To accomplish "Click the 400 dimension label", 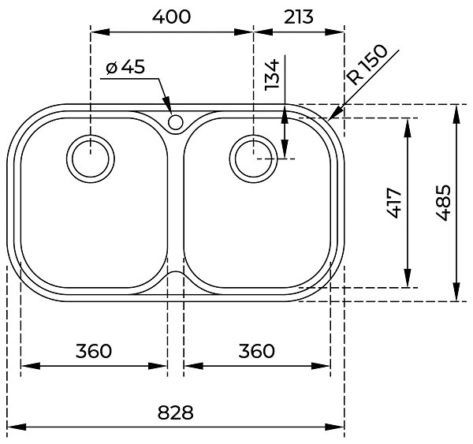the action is pos(171,17).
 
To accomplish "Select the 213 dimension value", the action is pos(299,17).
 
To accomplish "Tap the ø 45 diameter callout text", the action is pos(125,67).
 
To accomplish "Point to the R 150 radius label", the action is pos(367,65).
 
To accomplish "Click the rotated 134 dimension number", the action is pos(272,75).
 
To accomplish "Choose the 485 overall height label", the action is pos(443,203).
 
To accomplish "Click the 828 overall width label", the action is pos(175,412).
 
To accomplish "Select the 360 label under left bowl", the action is pos(94,351).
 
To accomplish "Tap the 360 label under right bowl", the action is pos(257,351).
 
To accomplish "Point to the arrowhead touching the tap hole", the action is pos(168,106).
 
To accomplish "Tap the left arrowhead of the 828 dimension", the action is pos(17,427).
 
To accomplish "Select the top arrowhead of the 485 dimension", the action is pos(457,114).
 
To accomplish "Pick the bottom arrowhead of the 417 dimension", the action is pos(408,278).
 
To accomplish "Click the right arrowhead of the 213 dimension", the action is pos(334,32).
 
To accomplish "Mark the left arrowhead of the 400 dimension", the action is pos(100,32).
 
